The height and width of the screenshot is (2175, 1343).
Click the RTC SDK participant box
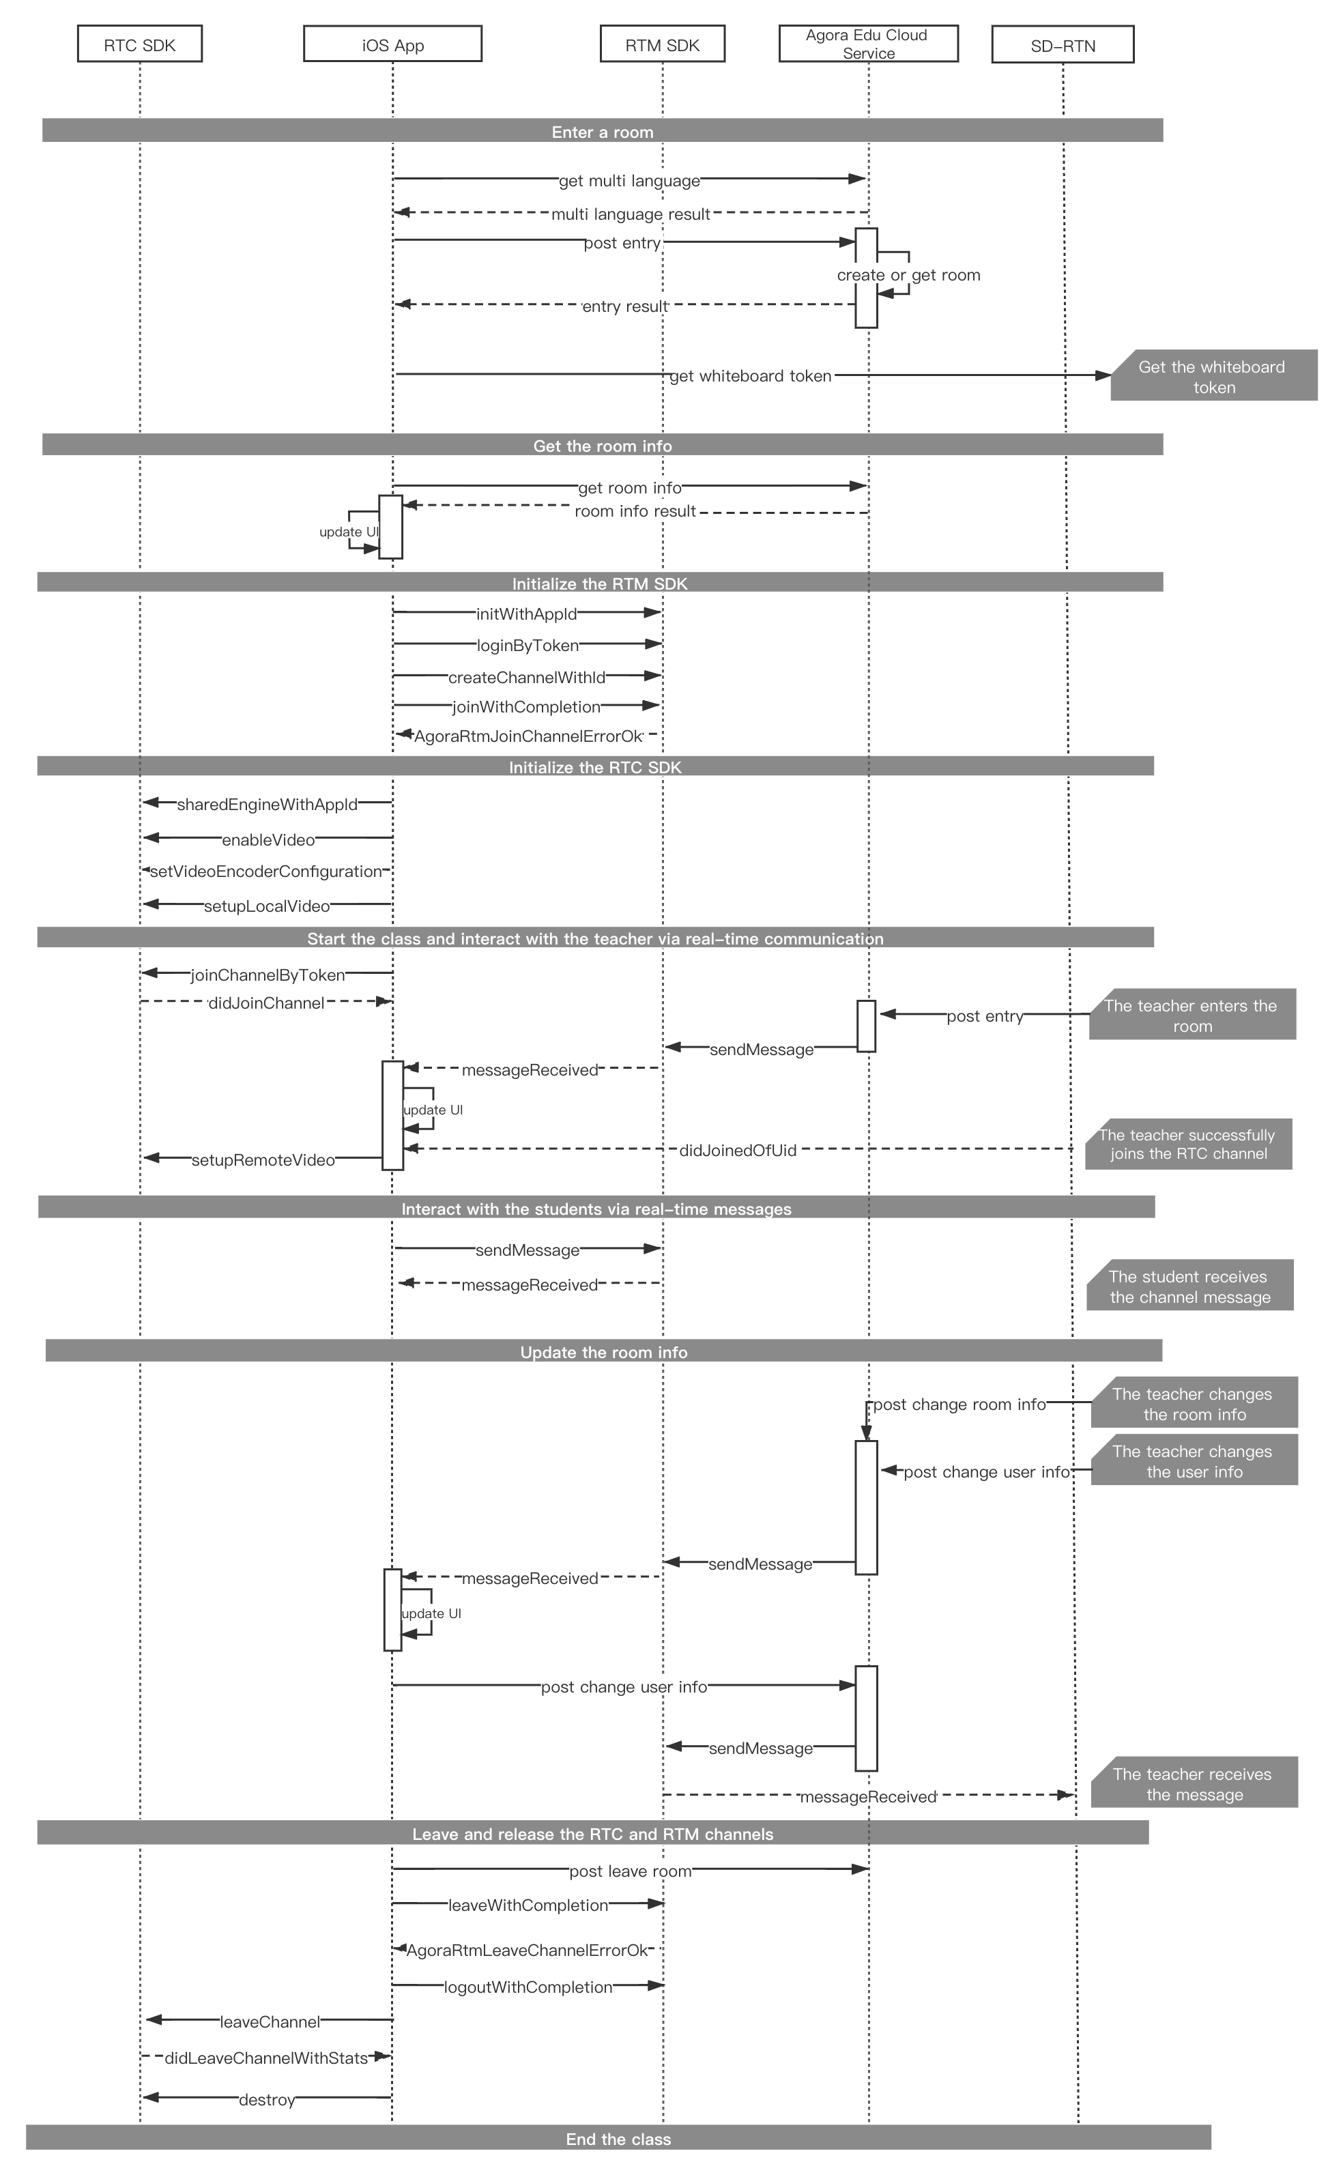pyautogui.click(x=139, y=44)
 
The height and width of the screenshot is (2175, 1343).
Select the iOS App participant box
pyautogui.click(x=392, y=44)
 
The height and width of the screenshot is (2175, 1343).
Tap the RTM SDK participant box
pyautogui.click(x=663, y=44)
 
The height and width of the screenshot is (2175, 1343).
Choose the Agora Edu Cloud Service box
pyautogui.click(x=869, y=44)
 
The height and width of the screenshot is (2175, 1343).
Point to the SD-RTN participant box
pyautogui.click(x=1063, y=44)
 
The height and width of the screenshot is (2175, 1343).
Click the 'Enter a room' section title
pyautogui.click(x=602, y=132)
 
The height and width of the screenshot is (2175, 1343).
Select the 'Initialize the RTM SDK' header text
pyautogui.click(x=600, y=584)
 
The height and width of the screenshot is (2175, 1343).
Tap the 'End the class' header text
pyautogui.click(x=618, y=2139)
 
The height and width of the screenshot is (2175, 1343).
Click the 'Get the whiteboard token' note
pyautogui.click(x=1213, y=375)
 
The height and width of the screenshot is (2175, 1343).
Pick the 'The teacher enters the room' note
pyautogui.click(x=1192, y=1014)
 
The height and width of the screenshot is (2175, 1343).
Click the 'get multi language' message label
pyautogui.click(x=629, y=181)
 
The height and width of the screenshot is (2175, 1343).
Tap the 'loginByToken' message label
pyautogui.click(x=528, y=646)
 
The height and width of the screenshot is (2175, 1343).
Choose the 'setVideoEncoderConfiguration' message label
pyautogui.click(x=265, y=872)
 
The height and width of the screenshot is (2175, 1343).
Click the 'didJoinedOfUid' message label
pyautogui.click(x=737, y=1150)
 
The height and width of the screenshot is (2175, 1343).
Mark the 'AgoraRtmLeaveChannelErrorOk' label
pyautogui.click(x=528, y=1950)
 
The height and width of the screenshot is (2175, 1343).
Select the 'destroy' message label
pyautogui.click(x=266, y=2099)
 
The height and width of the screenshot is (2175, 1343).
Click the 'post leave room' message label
pyautogui.click(x=630, y=1871)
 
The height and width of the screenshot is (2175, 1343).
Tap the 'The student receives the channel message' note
pyautogui.click(x=1189, y=1284)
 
